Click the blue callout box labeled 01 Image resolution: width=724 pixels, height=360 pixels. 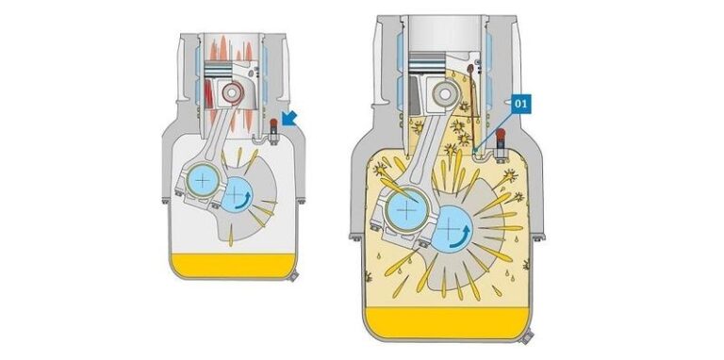(520, 105)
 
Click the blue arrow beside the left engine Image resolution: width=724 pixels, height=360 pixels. (289, 118)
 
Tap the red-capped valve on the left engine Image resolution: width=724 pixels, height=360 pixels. (273, 131)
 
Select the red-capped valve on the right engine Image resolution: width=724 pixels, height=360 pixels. (501, 145)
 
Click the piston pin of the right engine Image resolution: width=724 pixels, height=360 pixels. (444, 93)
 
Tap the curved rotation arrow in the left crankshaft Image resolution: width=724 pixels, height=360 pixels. (245, 200)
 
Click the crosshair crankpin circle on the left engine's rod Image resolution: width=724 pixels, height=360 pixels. (203, 180)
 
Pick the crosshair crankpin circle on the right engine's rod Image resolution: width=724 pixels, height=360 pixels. (406, 210)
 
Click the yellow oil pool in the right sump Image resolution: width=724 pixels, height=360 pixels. (447, 322)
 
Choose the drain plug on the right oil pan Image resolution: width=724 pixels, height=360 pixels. (525, 337)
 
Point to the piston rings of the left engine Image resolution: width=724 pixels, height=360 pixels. (218, 69)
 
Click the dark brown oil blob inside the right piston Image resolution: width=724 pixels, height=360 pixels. (470, 70)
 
